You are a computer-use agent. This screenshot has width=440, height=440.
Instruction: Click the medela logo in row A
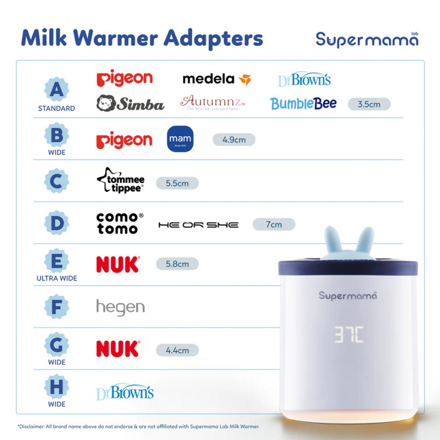pyautogui.click(x=216, y=79)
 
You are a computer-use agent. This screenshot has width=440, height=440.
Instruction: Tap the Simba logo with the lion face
pyautogui.click(x=130, y=104)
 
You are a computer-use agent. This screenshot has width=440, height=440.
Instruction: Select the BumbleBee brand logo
pyautogui.click(x=303, y=104)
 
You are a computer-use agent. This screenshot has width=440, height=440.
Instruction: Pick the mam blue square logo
pyautogui.click(x=180, y=139)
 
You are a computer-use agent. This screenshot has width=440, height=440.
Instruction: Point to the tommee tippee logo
pyautogui.click(x=120, y=181)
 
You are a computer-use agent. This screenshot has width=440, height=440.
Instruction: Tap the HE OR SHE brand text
pyautogui.click(x=198, y=225)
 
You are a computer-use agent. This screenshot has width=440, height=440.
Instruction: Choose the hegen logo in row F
pyautogui.click(x=120, y=307)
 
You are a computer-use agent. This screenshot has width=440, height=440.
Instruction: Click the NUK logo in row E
pyautogui.click(x=118, y=265)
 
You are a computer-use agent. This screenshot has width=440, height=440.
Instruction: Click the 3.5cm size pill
pyautogui.click(x=369, y=104)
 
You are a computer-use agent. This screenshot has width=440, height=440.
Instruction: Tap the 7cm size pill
pyautogui.click(x=273, y=224)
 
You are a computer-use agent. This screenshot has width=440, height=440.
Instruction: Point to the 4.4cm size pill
pyautogui.click(x=177, y=350)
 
